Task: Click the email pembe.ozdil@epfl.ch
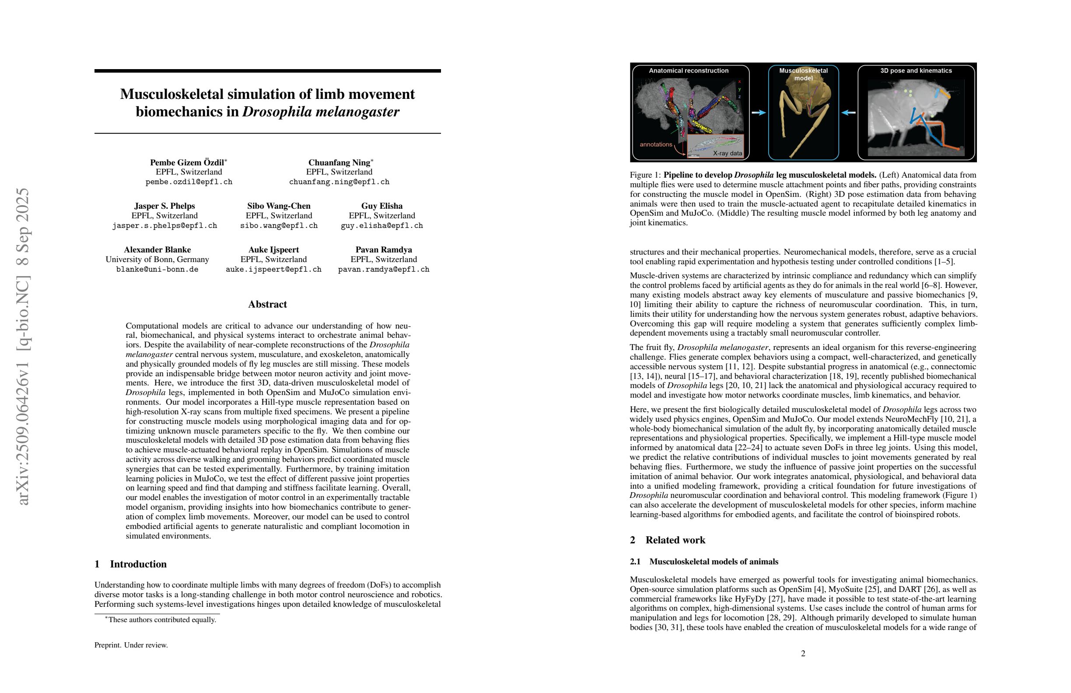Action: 189,182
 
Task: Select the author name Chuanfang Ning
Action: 339,162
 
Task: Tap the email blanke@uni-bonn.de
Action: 157,269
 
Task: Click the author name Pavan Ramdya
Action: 383,250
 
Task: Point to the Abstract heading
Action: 267,304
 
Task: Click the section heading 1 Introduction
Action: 130,564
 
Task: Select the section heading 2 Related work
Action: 667,540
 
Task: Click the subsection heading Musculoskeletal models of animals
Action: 713,562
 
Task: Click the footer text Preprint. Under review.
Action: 131,645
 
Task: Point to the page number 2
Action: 803,653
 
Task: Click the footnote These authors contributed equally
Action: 161,619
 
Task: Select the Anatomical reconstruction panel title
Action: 689,70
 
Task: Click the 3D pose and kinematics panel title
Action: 916,70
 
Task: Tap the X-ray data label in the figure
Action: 727,153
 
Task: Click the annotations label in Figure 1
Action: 656,144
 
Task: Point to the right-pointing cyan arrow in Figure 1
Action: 759,113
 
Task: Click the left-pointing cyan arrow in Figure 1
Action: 848,113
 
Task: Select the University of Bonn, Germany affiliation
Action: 157,259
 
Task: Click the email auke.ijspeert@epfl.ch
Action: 273,269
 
